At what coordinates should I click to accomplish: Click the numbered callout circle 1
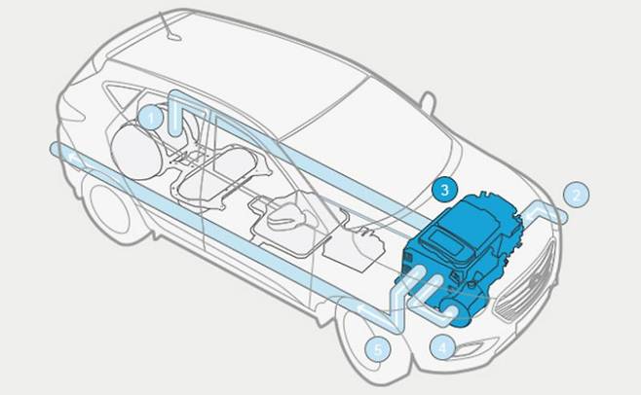tap(151, 118)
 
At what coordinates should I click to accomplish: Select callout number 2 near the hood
tap(577, 195)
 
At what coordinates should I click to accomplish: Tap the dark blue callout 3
tap(445, 189)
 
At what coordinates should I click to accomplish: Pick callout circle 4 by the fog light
tap(443, 347)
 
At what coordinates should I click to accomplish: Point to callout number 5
tap(378, 349)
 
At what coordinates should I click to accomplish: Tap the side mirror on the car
tap(428, 101)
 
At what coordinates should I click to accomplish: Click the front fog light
tap(474, 347)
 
